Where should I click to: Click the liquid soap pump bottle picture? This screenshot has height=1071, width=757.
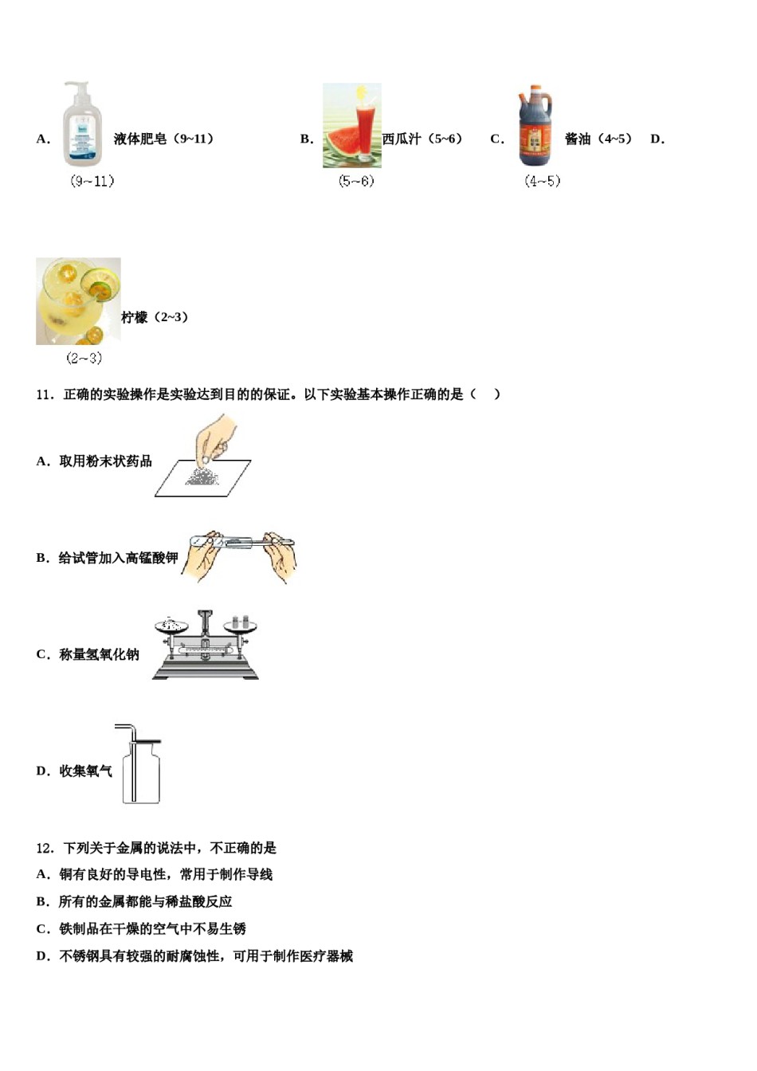[83, 124]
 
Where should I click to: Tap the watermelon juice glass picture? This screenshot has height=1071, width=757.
[351, 126]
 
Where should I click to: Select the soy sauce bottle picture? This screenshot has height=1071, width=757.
[535, 126]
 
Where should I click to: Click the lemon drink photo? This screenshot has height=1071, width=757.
[78, 300]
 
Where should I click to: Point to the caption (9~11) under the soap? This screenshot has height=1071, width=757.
[92, 182]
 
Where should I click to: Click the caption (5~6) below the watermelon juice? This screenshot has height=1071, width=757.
[356, 182]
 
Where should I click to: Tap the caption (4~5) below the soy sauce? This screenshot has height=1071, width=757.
[542, 182]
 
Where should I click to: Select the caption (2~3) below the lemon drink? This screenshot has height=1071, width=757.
[84, 359]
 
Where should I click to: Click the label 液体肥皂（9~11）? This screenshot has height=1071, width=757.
[164, 139]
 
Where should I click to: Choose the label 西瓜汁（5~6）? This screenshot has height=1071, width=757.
[423, 139]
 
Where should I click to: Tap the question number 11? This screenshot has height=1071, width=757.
[44, 394]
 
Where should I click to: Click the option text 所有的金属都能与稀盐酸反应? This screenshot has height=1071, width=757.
[145, 902]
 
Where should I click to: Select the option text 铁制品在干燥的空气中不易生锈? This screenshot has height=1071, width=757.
[152, 929]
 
